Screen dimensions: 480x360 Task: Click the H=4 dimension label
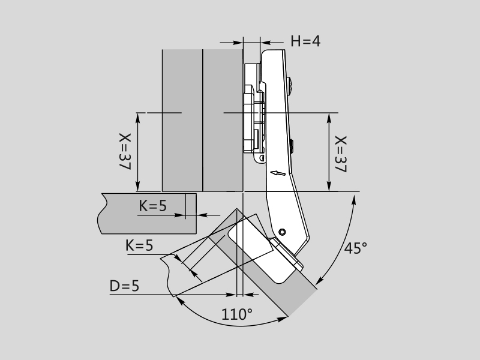tap(305, 41)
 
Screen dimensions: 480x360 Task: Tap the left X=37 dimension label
tap(125, 152)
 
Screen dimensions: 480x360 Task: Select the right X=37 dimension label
tap(341, 154)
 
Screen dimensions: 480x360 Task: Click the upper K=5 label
tap(153, 206)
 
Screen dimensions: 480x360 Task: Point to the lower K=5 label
tap(139, 245)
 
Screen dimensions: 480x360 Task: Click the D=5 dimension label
tap(124, 286)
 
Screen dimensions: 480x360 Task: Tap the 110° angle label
tap(237, 314)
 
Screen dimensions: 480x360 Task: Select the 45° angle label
tap(356, 248)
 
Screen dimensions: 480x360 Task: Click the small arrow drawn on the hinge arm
tap(278, 173)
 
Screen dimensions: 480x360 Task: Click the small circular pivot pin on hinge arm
tap(282, 232)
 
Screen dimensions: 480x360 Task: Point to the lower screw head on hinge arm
tap(292, 146)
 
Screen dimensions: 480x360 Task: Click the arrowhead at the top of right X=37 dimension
tap(329, 118)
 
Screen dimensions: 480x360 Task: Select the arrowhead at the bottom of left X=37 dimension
tap(138, 186)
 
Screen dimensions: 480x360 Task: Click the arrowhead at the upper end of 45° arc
tap(354, 200)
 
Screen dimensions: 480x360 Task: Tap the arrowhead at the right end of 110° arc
tap(283, 319)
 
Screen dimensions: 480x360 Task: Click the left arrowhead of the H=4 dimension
tap(238, 43)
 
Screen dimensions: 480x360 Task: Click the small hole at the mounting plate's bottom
tap(262, 158)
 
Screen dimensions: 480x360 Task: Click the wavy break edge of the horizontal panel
tap(103, 214)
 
